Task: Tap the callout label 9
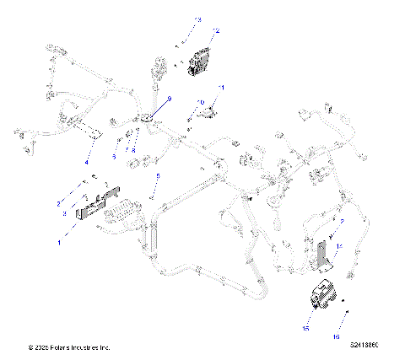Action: pyautogui.click(x=169, y=99)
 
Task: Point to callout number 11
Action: pyautogui.click(x=222, y=88)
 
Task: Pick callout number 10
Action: pyautogui.click(x=201, y=102)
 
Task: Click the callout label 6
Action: pyautogui.click(x=114, y=155)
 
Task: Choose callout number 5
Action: pyautogui.click(x=157, y=176)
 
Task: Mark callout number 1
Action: pyautogui.click(x=59, y=242)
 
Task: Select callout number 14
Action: pyautogui.click(x=339, y=246)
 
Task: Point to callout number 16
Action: pyautogui.click(x=336, y=336)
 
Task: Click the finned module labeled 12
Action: pyautogui.click(x=199, y=61)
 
